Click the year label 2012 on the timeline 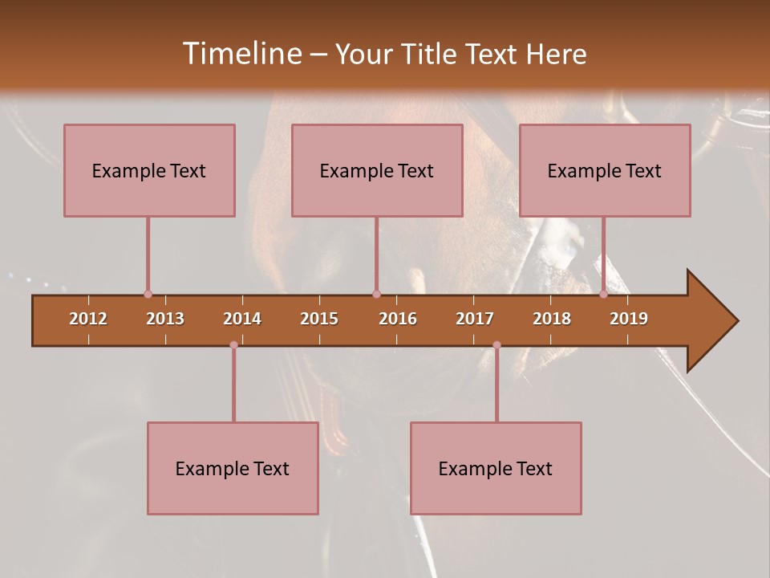88,319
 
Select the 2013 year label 165,319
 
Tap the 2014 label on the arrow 242,319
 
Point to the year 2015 319,319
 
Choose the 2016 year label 398,319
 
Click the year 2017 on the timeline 475,319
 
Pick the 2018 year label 552,319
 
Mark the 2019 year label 629,319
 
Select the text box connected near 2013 149,170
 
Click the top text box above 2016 377,170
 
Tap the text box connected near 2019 605,170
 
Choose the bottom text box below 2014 233,468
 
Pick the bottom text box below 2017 496,468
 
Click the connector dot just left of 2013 148,295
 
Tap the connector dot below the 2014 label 233,345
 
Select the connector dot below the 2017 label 496,345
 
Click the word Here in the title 556,54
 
